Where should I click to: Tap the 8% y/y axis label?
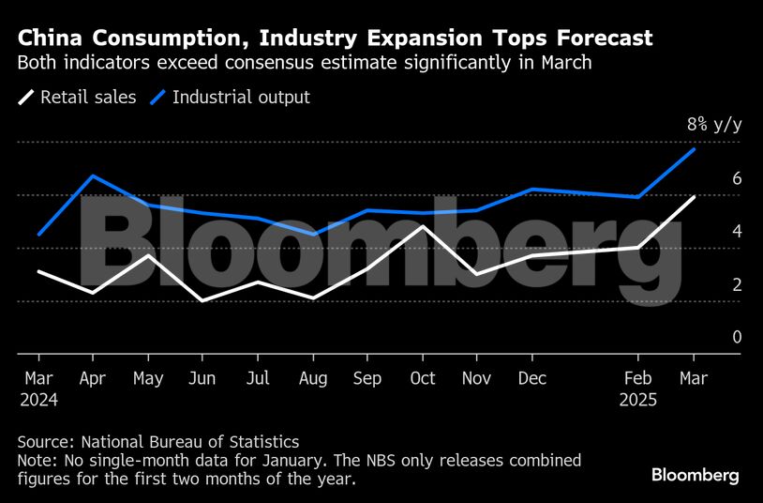[713, 124]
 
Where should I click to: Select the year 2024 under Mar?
[37, 399]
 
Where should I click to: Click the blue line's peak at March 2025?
[694, 149]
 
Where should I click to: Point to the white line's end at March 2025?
[694, 196]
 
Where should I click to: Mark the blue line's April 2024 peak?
[93, 175]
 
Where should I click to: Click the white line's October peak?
[423, 226]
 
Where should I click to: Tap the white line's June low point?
[202, 300]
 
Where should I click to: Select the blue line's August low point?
[313, 235]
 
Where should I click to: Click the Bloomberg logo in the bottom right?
[696, 475]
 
